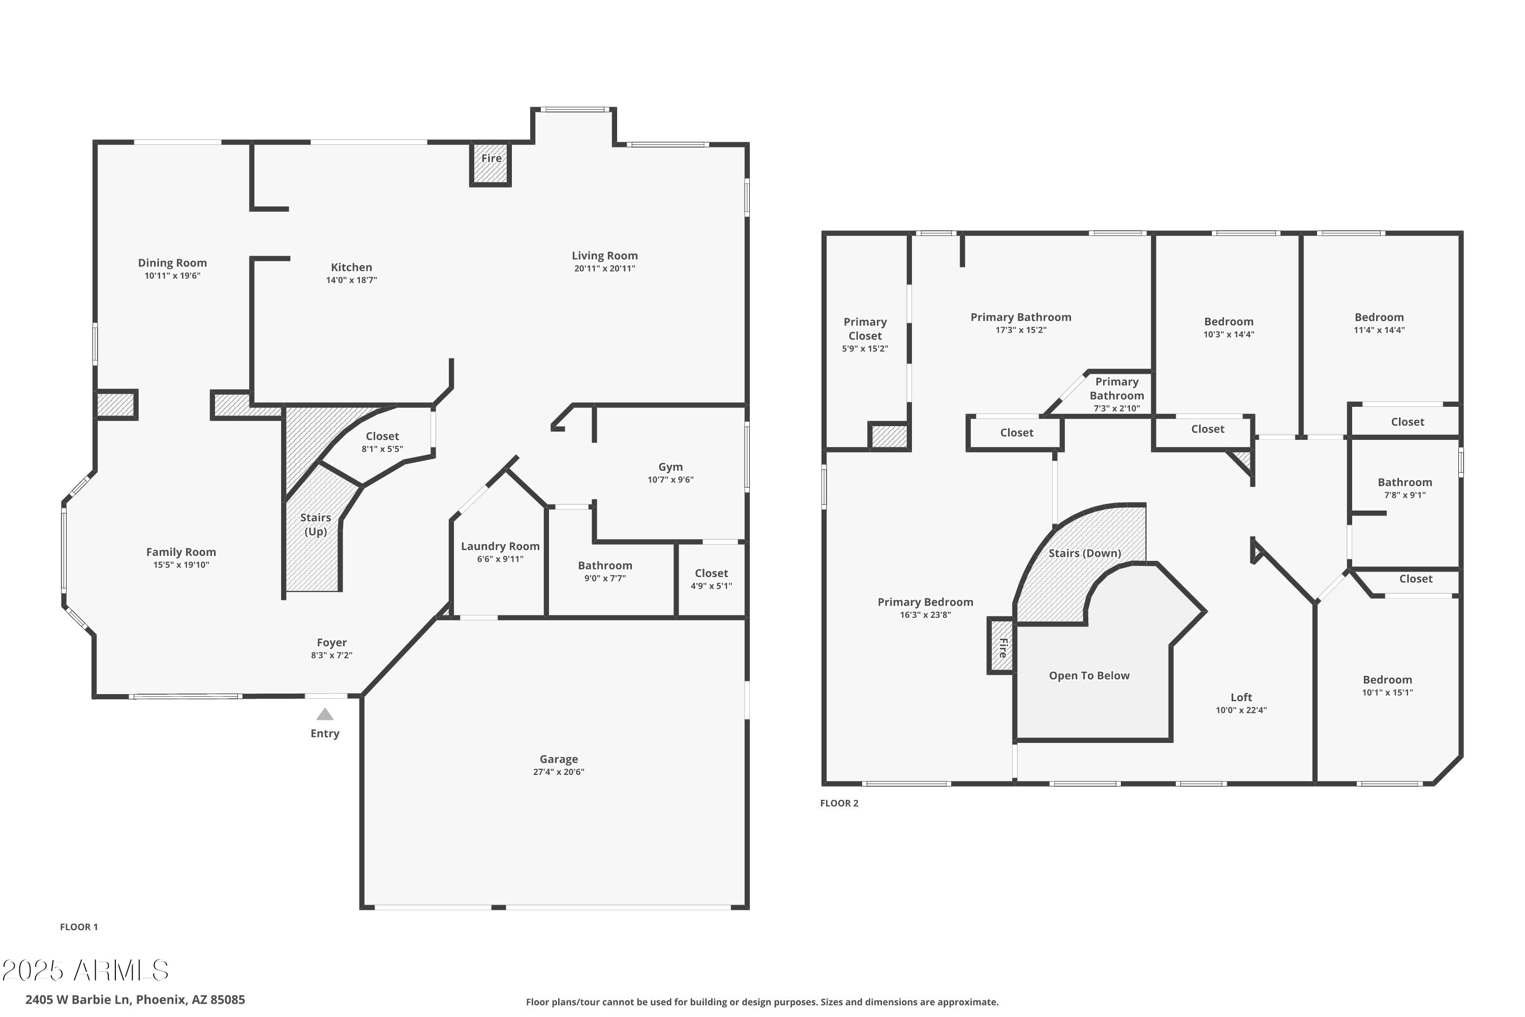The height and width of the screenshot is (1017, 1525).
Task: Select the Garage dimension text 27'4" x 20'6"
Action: (x=558, y=772)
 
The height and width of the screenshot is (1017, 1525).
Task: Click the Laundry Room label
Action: (x=500, y=546)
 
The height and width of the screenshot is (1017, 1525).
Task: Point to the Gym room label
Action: (x=670, y=466)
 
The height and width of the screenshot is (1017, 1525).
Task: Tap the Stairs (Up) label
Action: (x=315, y=524)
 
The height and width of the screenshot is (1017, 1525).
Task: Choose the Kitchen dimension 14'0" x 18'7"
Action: (x=351, y=280)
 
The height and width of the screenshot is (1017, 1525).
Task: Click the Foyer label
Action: (x=331, y=642)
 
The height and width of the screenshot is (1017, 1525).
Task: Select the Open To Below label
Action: (x=1089, y=675)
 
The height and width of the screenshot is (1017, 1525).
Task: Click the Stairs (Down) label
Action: (x=1084, y=553)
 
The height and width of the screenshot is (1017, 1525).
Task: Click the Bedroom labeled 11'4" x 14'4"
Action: (x=1379, y=317)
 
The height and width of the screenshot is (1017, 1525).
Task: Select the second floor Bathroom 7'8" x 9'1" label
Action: (x=1405, y=482)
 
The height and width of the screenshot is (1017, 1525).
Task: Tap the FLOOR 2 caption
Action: (x=839, y=803)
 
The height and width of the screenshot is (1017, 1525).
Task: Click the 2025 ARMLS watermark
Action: (x=85, y=971)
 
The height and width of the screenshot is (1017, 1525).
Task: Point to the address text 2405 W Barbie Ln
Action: (x=135, y=1000)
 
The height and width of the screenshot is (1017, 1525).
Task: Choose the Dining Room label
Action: (x=172, y=263)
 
